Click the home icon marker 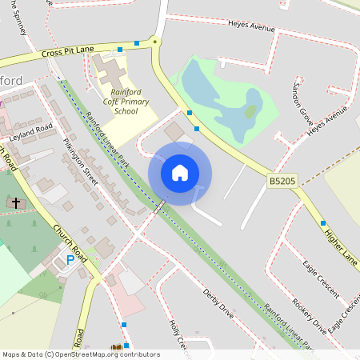(180, 172)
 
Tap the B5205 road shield (282, 182)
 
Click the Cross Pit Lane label (68, 54)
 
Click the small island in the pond (250, 112)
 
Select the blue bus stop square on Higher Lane (323, 223)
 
